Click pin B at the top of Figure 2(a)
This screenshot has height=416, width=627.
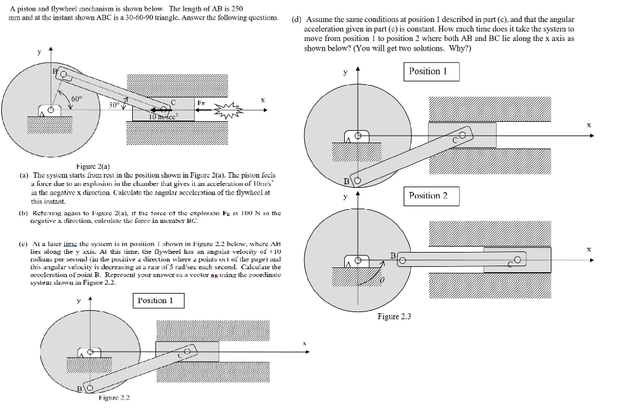coord(63,75)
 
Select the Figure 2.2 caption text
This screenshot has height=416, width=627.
coord(114,398)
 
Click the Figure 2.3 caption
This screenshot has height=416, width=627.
coord(394,316)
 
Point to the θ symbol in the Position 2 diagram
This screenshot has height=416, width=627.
coord(383,281)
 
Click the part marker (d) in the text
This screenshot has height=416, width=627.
coord(297,20)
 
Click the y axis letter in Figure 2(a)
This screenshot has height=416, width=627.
coord(40,53)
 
